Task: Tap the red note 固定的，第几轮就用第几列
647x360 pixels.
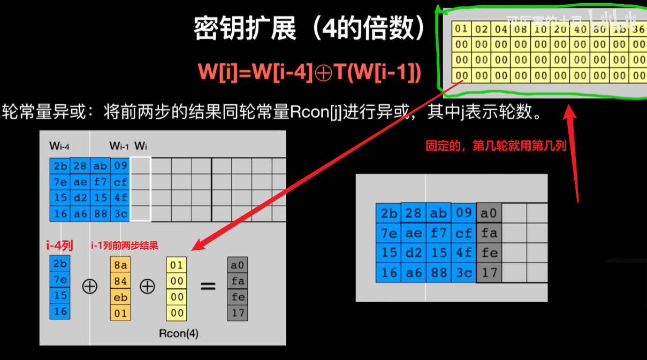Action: point(496,145)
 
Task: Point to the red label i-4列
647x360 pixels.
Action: point(59,246)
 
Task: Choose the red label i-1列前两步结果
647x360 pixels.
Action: point(124,246)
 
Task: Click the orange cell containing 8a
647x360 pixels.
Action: point(120,265)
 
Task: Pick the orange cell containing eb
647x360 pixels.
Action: point(120,297)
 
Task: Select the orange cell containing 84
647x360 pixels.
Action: point(120,281)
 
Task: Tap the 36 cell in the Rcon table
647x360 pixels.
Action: point(638,29)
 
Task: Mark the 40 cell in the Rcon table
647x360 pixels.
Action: point(580,29)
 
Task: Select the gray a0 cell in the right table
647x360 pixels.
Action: point(489,213)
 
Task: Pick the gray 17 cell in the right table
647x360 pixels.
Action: point(489,272)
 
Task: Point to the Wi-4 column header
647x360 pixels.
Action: point(59,145)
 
